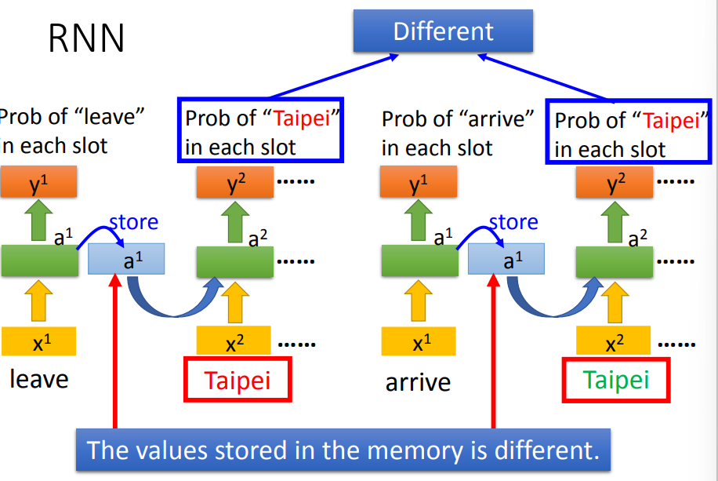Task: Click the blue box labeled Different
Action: pyautogui.click(x=443, y=32)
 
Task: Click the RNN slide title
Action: pyautogui.click(x=86, y=38)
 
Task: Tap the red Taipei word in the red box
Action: pyautogui.click(x=238, y=381)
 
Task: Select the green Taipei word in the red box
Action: pyautogui.click(x=616, y=380)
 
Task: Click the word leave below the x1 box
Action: pyautogui.click(x=39, y=380)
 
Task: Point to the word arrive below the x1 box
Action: pyautogui.click(x=418, y=383)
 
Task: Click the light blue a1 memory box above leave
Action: pyautogui.click(x=126, y=259)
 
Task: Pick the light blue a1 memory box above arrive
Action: pyautogui.click(x=506, y=259)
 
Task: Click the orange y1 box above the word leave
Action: pyautogui.click(x=38, y=184)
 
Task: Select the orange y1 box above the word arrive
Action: pyautogui.click(x=419, y=184)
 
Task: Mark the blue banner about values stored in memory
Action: pyautogui.click(x=343, y=450)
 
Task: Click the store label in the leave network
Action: pyautogui.click(x=134, y=223)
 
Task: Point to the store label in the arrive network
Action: pyautogui.click(x=513, y=223)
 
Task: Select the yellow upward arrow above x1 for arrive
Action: pyautogui.click(x=419, y=302)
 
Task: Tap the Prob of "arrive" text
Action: pyautogui.click(x=458, y=119)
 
